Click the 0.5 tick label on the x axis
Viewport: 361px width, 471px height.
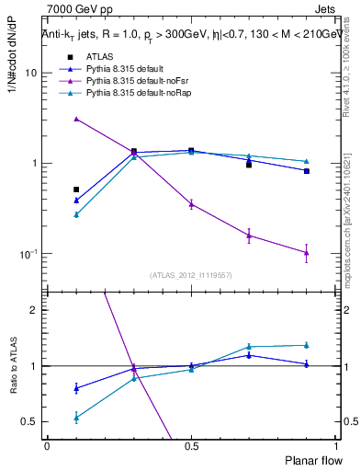click(190, 444)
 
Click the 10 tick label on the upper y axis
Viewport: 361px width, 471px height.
click(29, 73)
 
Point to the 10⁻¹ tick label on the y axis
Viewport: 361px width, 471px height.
click(28, 254)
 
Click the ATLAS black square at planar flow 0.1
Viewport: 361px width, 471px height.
click(76, 190)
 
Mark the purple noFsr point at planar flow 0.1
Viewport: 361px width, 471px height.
click(76, 119)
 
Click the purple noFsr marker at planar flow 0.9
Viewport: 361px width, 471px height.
click(307, 252)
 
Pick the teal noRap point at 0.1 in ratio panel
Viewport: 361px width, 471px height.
click(76, 417)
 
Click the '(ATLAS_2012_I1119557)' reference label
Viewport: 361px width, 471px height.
click(191, 275)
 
